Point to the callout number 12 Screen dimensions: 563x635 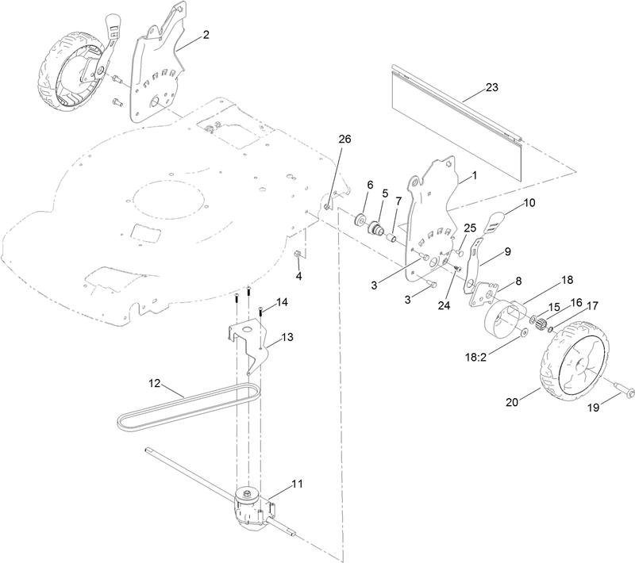click(156, 384)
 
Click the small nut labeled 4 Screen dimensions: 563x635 click(298, 255)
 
